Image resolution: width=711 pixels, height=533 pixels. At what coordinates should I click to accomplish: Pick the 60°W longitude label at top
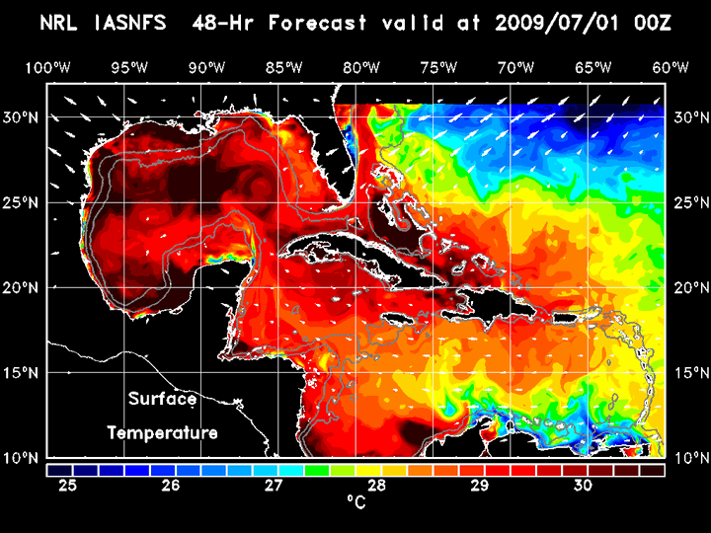point(671,67)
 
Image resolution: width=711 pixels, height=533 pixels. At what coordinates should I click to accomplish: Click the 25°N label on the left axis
point(24,202)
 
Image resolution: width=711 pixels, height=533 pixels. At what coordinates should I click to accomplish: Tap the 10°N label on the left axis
point(24,458)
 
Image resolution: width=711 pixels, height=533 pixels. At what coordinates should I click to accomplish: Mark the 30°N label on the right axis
point(688,116)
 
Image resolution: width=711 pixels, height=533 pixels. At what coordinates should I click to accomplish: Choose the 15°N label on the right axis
point(688,373)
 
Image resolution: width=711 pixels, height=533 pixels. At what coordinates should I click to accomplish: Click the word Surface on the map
point(162,400)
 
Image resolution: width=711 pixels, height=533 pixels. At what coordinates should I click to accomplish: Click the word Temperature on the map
point(162,432)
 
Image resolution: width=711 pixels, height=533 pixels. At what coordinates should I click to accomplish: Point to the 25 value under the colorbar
point(67,486)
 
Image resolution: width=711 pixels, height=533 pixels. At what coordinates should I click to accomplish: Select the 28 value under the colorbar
point(377,486)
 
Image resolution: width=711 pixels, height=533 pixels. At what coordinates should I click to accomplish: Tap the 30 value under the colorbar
point(583,486)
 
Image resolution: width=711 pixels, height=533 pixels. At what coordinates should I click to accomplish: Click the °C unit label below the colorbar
point(355,503)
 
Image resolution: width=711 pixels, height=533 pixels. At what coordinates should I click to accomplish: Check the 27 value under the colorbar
point(274,486)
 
